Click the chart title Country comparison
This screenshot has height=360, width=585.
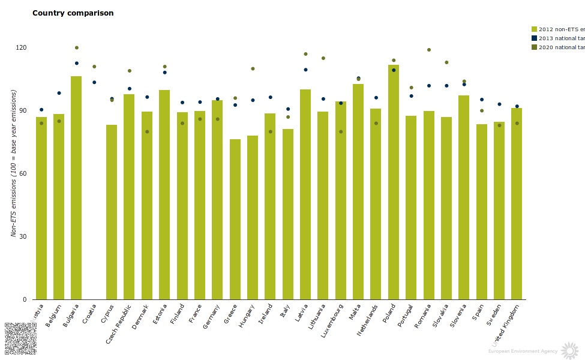73,13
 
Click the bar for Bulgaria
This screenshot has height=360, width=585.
76,187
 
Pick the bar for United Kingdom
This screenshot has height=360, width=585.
517,204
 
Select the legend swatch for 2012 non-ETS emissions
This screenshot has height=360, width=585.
534,29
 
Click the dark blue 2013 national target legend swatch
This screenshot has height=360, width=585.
534,38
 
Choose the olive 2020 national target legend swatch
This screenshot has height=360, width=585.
534,47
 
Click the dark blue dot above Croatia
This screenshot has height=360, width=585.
94,82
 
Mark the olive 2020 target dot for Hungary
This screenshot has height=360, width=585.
253,68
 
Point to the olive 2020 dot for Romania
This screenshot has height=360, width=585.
429,50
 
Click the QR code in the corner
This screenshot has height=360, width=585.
20,339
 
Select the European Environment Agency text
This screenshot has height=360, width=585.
522,350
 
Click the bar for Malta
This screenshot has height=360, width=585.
358,192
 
